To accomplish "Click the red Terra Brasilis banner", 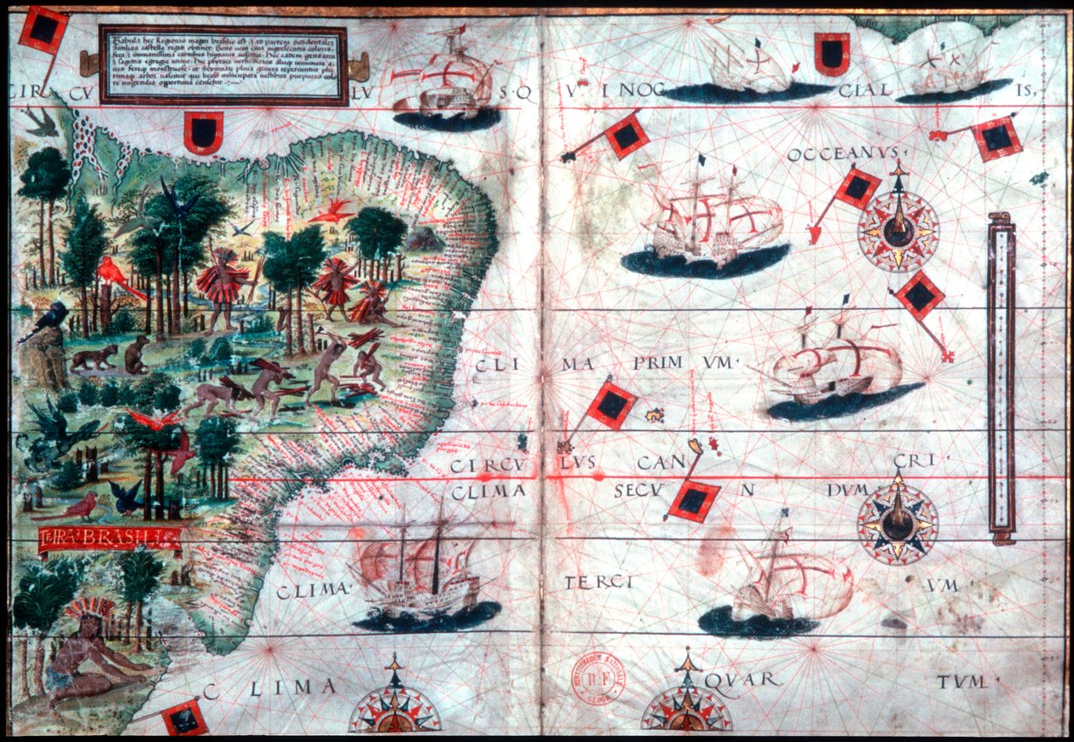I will pos(110,538).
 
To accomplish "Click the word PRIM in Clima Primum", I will pos(658,363).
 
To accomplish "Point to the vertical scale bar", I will pos(1001,379).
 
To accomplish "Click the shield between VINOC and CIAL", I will pos(831,55).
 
